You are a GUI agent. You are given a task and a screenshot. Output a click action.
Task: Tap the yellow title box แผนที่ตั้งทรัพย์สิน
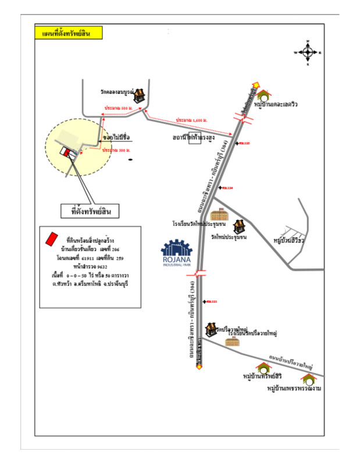[68, 33]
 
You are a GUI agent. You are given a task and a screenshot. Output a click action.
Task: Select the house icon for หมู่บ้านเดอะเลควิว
[265, 95]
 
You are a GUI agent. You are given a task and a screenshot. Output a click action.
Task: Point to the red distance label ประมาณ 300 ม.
[115, 150]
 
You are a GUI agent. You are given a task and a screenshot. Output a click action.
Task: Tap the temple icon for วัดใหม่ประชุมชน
[239, 227]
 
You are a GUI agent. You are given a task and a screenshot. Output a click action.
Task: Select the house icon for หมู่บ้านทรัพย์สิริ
[263, 368]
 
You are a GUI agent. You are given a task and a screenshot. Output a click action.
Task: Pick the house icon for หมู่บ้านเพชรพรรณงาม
[308, 379]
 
